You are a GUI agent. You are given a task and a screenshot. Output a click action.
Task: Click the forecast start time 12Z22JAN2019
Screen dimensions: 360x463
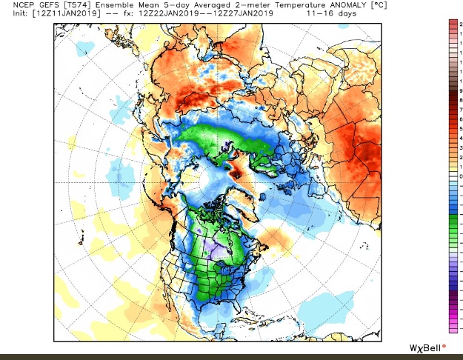point(164,14)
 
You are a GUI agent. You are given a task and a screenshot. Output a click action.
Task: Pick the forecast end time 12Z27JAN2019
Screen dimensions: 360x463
point(242,14)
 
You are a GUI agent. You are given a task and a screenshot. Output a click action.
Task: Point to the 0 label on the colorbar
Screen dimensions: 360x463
point(461,176)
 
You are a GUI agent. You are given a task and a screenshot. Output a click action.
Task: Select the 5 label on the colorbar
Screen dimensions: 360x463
point(461,128)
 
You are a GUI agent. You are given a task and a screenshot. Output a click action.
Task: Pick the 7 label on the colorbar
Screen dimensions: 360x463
point(461,109)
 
